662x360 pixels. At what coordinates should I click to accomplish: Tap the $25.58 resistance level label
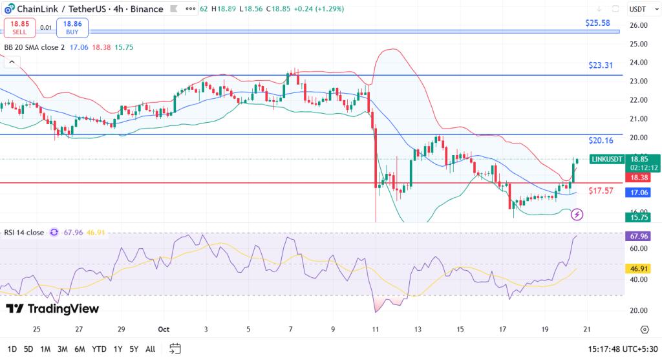coord(599,23)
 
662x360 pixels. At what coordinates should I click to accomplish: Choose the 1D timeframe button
coord(12,349)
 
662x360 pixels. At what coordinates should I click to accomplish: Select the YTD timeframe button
coord(99,349)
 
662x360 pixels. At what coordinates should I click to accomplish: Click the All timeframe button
coord(150,349)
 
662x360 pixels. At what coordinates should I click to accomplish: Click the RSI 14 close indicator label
coord(25,232)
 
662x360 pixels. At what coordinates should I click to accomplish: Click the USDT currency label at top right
coord(637,9)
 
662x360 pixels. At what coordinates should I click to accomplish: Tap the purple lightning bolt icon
coord(578,214)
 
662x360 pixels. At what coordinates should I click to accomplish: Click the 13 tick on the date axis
coord(418,329)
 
